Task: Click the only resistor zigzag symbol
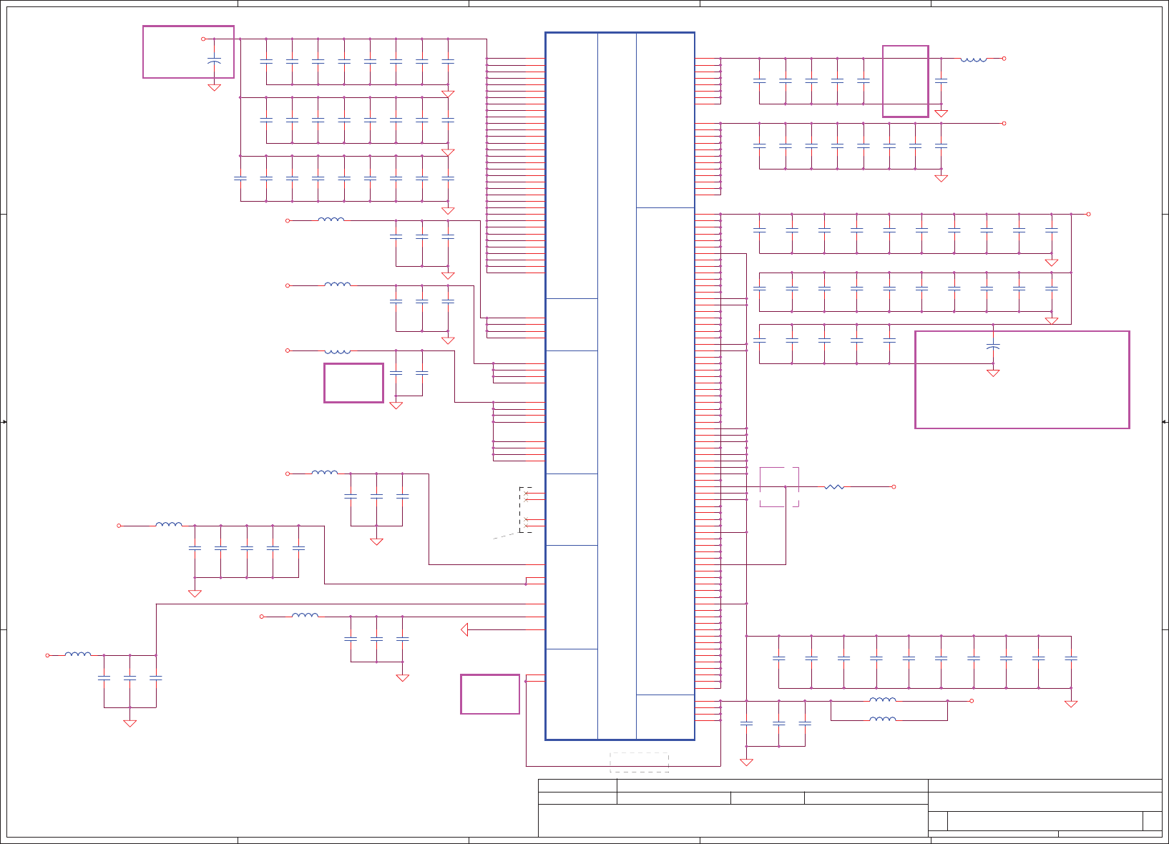coord(834,487)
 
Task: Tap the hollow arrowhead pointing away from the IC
coord(464,629)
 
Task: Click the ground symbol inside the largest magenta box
coord(993,373)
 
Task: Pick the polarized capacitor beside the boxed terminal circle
coord(214,62)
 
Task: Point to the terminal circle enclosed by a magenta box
coord(203,39)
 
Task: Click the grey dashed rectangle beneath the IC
coord(639,762)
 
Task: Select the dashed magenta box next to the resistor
coord(779,487)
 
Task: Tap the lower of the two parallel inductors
coord(883,719)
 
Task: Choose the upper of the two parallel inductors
coord(883,700)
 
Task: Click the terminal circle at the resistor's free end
coord(894,487)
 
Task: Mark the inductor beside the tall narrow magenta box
coord(974,59)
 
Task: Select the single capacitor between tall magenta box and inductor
coord(941,81)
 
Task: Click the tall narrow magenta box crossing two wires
coord(906,81)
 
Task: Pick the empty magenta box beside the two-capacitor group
coord(353,383)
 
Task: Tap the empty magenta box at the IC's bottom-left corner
coord(490,694)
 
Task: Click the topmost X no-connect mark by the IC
coord(527,494)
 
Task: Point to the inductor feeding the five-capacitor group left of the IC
coord(169,525)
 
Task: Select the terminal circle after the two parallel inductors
coord(972,701)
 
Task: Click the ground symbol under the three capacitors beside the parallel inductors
coord(746,762)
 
